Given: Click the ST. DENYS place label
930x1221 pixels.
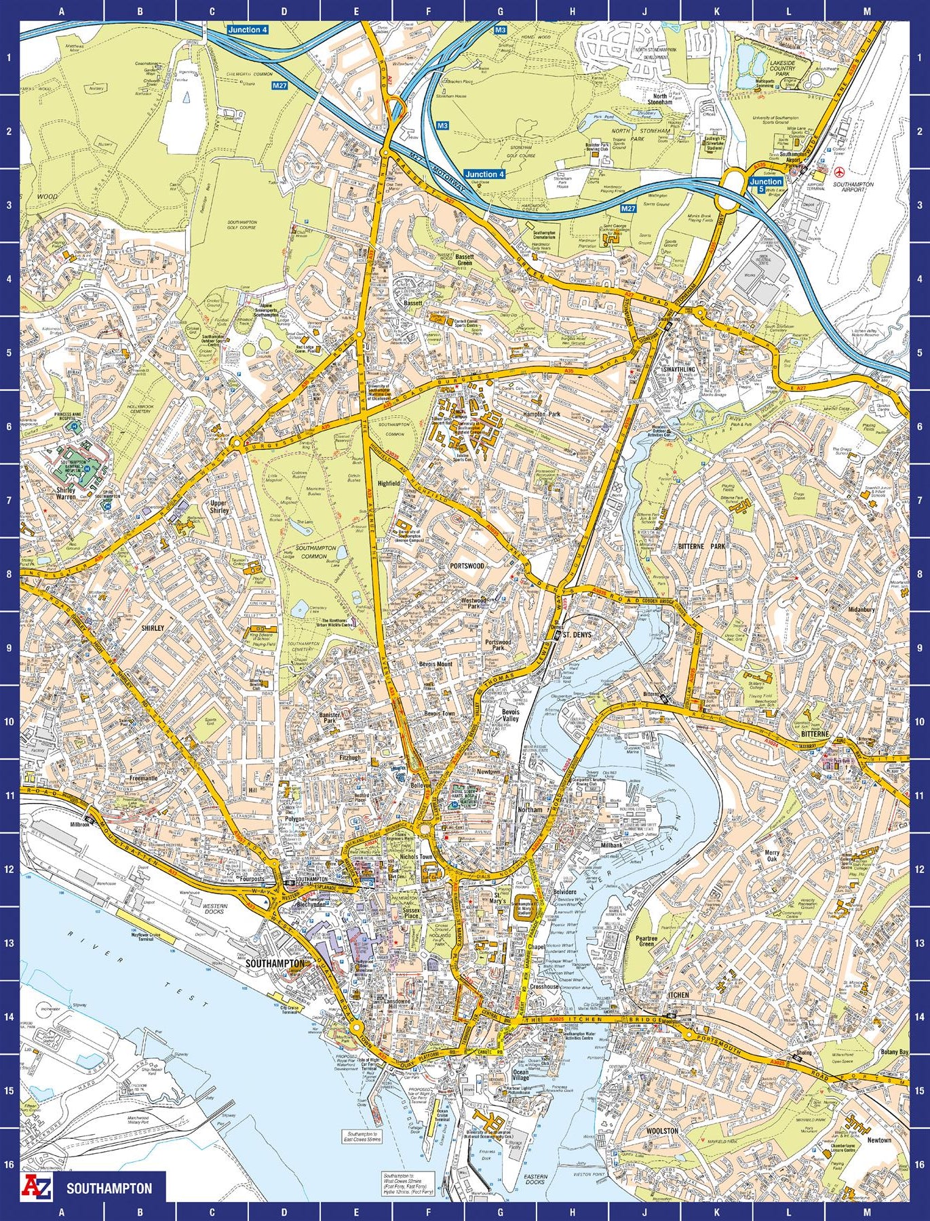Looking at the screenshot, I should tap(577, 635).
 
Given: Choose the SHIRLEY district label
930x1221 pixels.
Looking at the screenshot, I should tap(152, 628).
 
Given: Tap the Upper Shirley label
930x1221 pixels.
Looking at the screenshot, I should tap(219, 507).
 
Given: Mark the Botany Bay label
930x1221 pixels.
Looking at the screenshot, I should tap(894, 1051).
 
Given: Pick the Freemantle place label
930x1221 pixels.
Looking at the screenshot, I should tap(143, 778).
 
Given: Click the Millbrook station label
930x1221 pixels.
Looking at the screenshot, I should tap(80, 825).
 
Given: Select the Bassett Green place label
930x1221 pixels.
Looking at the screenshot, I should tap(464, 260).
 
